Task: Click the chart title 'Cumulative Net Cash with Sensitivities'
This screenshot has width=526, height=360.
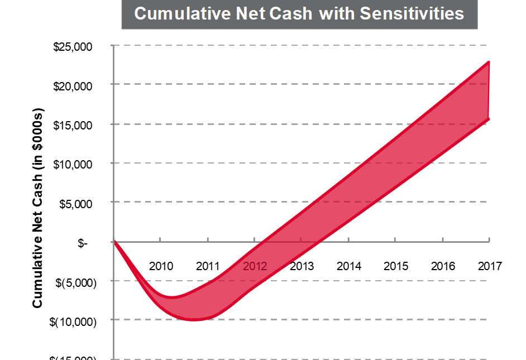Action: [299, 13]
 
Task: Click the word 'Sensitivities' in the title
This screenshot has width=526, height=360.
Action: [412, 13]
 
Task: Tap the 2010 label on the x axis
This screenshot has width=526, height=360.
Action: [161, 266]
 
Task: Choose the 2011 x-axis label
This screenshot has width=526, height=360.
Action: [208, 266]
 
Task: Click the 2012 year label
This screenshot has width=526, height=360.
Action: [255, 266]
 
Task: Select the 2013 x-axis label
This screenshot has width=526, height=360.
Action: [302, 266]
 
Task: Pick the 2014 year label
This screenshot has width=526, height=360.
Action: [349, 266]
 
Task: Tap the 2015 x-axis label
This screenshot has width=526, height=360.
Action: [396, 266]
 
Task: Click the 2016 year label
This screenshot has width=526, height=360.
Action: [443, 266]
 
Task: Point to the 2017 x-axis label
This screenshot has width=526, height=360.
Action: [490, 266]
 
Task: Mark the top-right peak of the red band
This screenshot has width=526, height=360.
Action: [489, 62]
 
